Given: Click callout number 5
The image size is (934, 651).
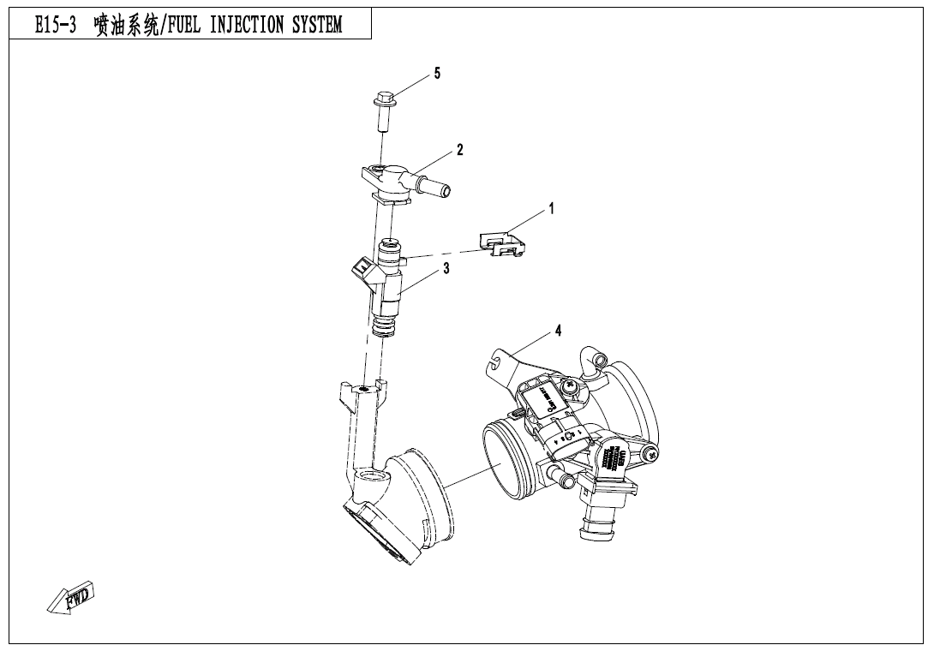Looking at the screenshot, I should (437, 74).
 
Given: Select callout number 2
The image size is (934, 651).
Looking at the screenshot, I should (460, 150).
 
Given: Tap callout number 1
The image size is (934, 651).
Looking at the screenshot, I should (552, 208).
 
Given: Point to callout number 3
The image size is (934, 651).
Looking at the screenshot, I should (446, 269).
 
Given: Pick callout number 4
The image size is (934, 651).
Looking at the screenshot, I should (558, 331).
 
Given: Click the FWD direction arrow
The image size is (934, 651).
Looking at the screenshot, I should (70, 597).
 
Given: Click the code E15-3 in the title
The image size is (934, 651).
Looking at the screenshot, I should (55, 25).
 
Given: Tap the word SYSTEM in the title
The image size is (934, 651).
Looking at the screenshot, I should (316, 25).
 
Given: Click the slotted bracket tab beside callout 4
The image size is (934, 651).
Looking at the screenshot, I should (495, 361).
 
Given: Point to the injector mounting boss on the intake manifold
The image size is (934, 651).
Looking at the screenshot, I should (363, 390).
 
